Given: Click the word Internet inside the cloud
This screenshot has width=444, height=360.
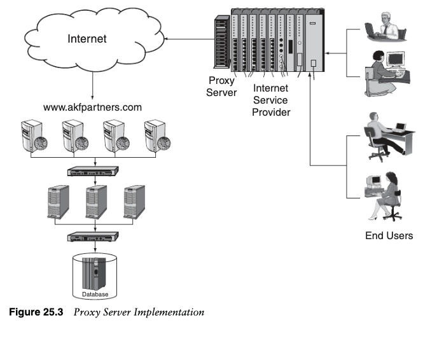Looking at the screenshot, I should (87, 39).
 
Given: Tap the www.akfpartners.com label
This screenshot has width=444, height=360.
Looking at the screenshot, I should (93, 107).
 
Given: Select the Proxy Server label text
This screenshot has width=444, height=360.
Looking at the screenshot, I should (223, 87).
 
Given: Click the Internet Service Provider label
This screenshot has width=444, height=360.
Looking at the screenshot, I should (271, 100).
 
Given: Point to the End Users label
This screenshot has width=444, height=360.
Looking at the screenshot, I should (389, 235).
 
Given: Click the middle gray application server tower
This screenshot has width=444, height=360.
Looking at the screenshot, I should (95, 201).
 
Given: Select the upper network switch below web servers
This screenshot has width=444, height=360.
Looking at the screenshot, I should (94, 171).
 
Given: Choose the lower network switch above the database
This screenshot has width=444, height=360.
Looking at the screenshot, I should (94, 237).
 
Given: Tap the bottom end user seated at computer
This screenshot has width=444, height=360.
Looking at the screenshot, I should (382, 195).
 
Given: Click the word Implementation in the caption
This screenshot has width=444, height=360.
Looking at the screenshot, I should (173, 312).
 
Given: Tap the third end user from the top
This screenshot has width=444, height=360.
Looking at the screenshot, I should (386, 135).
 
